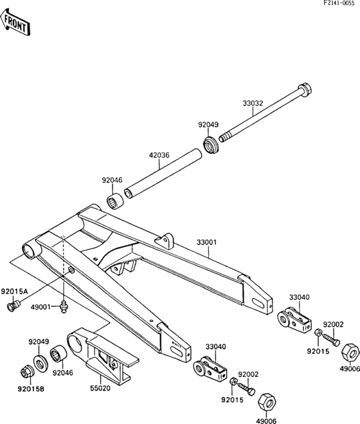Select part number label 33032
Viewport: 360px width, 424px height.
pyautogui.click(x=253, y=102)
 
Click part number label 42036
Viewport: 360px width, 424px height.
pyautogui.click(x=159, y=155)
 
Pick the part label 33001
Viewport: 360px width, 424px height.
pyautogui.click(x=206, y=243)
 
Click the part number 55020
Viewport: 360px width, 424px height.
pyautogui.click(x=102, y=389)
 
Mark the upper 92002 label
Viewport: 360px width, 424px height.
pyautogui.click(x=334, y=325)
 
